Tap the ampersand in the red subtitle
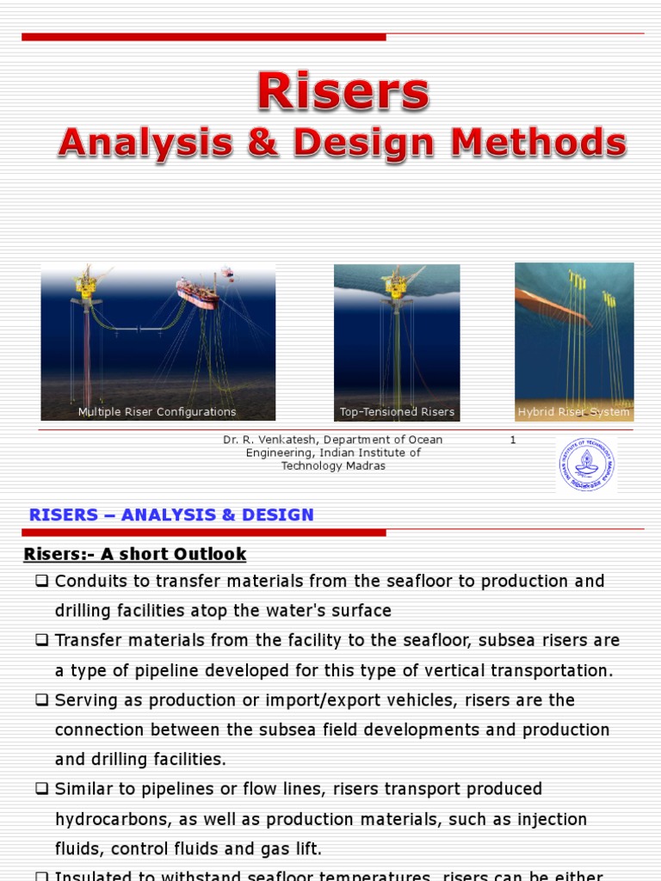click(263, 143)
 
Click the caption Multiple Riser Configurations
click(157, 412)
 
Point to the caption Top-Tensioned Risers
click(397, 412)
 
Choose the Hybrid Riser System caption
click(573, 412)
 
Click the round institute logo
click(587, 464)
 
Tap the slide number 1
click(513, 440)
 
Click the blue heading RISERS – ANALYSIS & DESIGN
click(171, 514)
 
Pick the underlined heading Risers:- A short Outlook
click(135, 554)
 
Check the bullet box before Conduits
click(41, 581)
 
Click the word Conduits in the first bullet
click(89, 581)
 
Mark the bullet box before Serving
click(41, 699)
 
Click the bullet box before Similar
click(41, 789)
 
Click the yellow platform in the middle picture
click(397, 285)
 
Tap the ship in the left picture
click(197, 291)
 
